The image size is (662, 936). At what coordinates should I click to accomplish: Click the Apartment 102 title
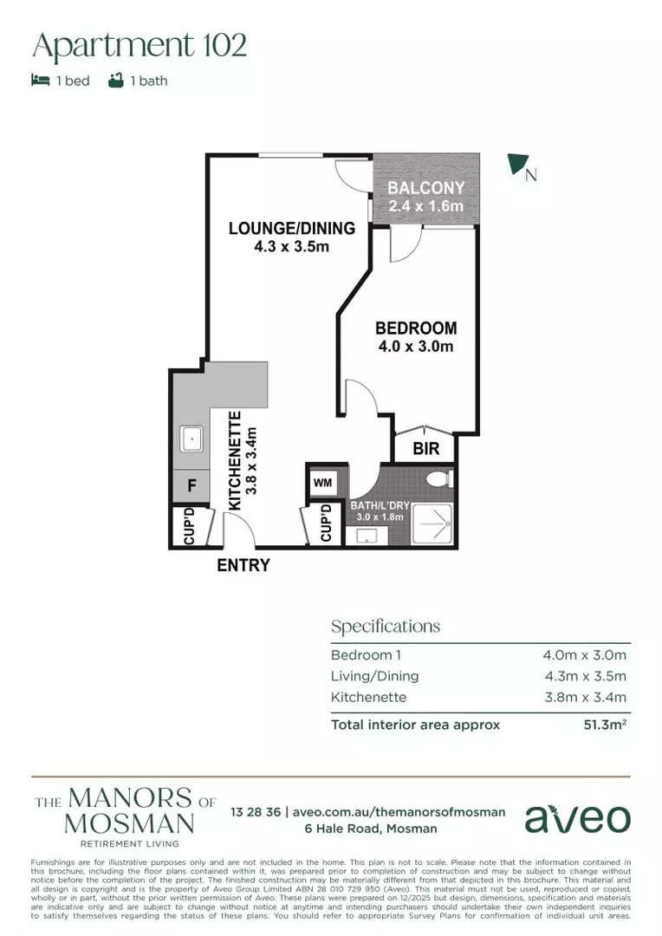click(x=140, y=45)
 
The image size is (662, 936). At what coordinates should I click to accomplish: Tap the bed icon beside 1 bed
click(x=40, y=81)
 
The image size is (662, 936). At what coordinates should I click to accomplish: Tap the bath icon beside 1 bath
click(x=115, y=81)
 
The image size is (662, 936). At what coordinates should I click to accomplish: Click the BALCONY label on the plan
click(x=425, y=188)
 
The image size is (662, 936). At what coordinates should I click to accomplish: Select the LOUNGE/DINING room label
click(x=291, y=229)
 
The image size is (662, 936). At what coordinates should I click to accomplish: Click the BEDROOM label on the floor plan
click(x=415, y=328)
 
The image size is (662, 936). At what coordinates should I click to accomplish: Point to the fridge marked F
click(x=191, y=486)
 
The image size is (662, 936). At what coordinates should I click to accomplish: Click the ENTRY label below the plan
click(x=243, y=566)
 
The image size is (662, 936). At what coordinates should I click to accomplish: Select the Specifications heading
click(x=385, y=627)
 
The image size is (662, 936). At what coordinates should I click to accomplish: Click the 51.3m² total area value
click(x=604, y=725)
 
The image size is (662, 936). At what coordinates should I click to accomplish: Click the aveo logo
click(x=578, y=818)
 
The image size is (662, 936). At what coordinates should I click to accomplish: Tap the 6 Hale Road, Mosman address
click(x=370, y=829)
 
